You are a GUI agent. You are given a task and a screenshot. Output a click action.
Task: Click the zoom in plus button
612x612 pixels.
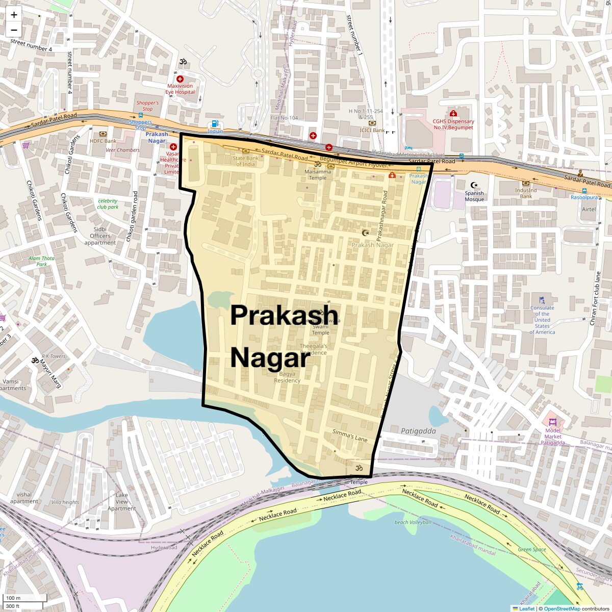14,15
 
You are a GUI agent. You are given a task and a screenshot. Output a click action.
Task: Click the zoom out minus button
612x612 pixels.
14,30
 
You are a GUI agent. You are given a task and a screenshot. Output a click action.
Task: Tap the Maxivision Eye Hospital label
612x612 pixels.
180,89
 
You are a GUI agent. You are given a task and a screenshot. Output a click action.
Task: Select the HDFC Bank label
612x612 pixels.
103,141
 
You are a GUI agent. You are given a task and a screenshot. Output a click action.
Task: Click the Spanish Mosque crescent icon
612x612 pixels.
474,185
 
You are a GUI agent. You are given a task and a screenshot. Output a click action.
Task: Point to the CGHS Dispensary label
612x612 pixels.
453,124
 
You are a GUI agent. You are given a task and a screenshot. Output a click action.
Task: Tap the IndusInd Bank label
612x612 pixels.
526,193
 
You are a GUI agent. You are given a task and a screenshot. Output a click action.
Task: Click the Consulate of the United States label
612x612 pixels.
542,320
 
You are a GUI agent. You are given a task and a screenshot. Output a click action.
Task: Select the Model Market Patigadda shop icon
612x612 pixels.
552,422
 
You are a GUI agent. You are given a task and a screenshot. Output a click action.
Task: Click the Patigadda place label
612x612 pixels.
418,431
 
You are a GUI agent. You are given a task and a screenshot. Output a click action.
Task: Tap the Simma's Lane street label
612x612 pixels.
350,435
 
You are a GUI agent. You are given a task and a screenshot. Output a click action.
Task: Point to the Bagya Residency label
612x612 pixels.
287,377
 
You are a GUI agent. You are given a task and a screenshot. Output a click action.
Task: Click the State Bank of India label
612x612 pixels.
246,161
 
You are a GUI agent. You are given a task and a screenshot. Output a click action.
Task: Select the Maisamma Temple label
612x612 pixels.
318,174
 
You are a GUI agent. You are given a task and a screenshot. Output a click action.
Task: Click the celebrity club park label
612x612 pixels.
108,204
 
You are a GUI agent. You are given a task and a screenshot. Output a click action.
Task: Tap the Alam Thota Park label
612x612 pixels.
41,261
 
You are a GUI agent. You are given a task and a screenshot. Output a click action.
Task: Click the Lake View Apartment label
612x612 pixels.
121,501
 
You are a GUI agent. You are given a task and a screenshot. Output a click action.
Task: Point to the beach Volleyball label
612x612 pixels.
413,522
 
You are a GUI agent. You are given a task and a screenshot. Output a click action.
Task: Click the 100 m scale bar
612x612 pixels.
25,598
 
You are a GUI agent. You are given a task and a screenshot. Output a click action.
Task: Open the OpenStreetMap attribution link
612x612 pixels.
562,608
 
